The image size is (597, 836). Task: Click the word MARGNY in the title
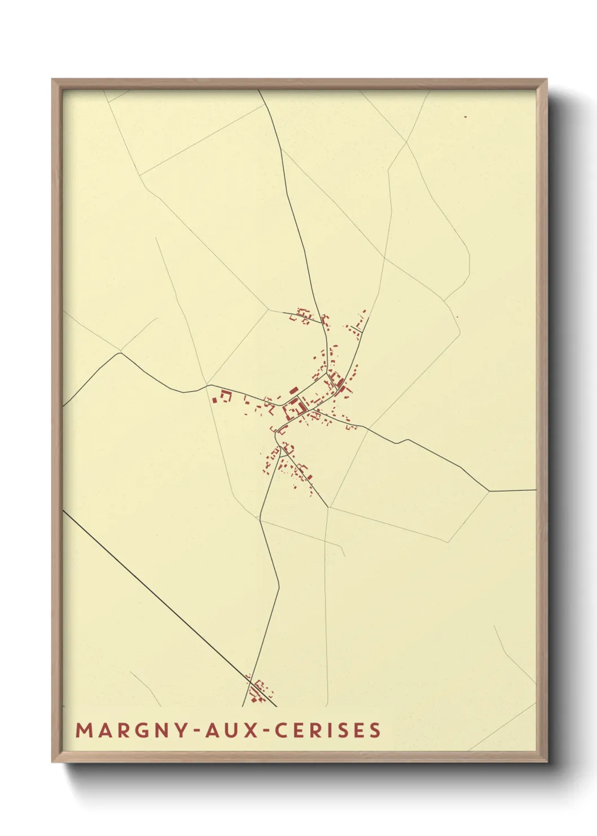129,730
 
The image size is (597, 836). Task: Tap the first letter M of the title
84,730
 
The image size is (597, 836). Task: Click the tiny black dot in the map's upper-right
466,117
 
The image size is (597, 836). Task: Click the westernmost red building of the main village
215,400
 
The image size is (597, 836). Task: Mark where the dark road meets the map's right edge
534,490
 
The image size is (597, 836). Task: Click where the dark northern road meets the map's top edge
260,91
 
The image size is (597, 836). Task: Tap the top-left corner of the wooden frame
52,80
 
